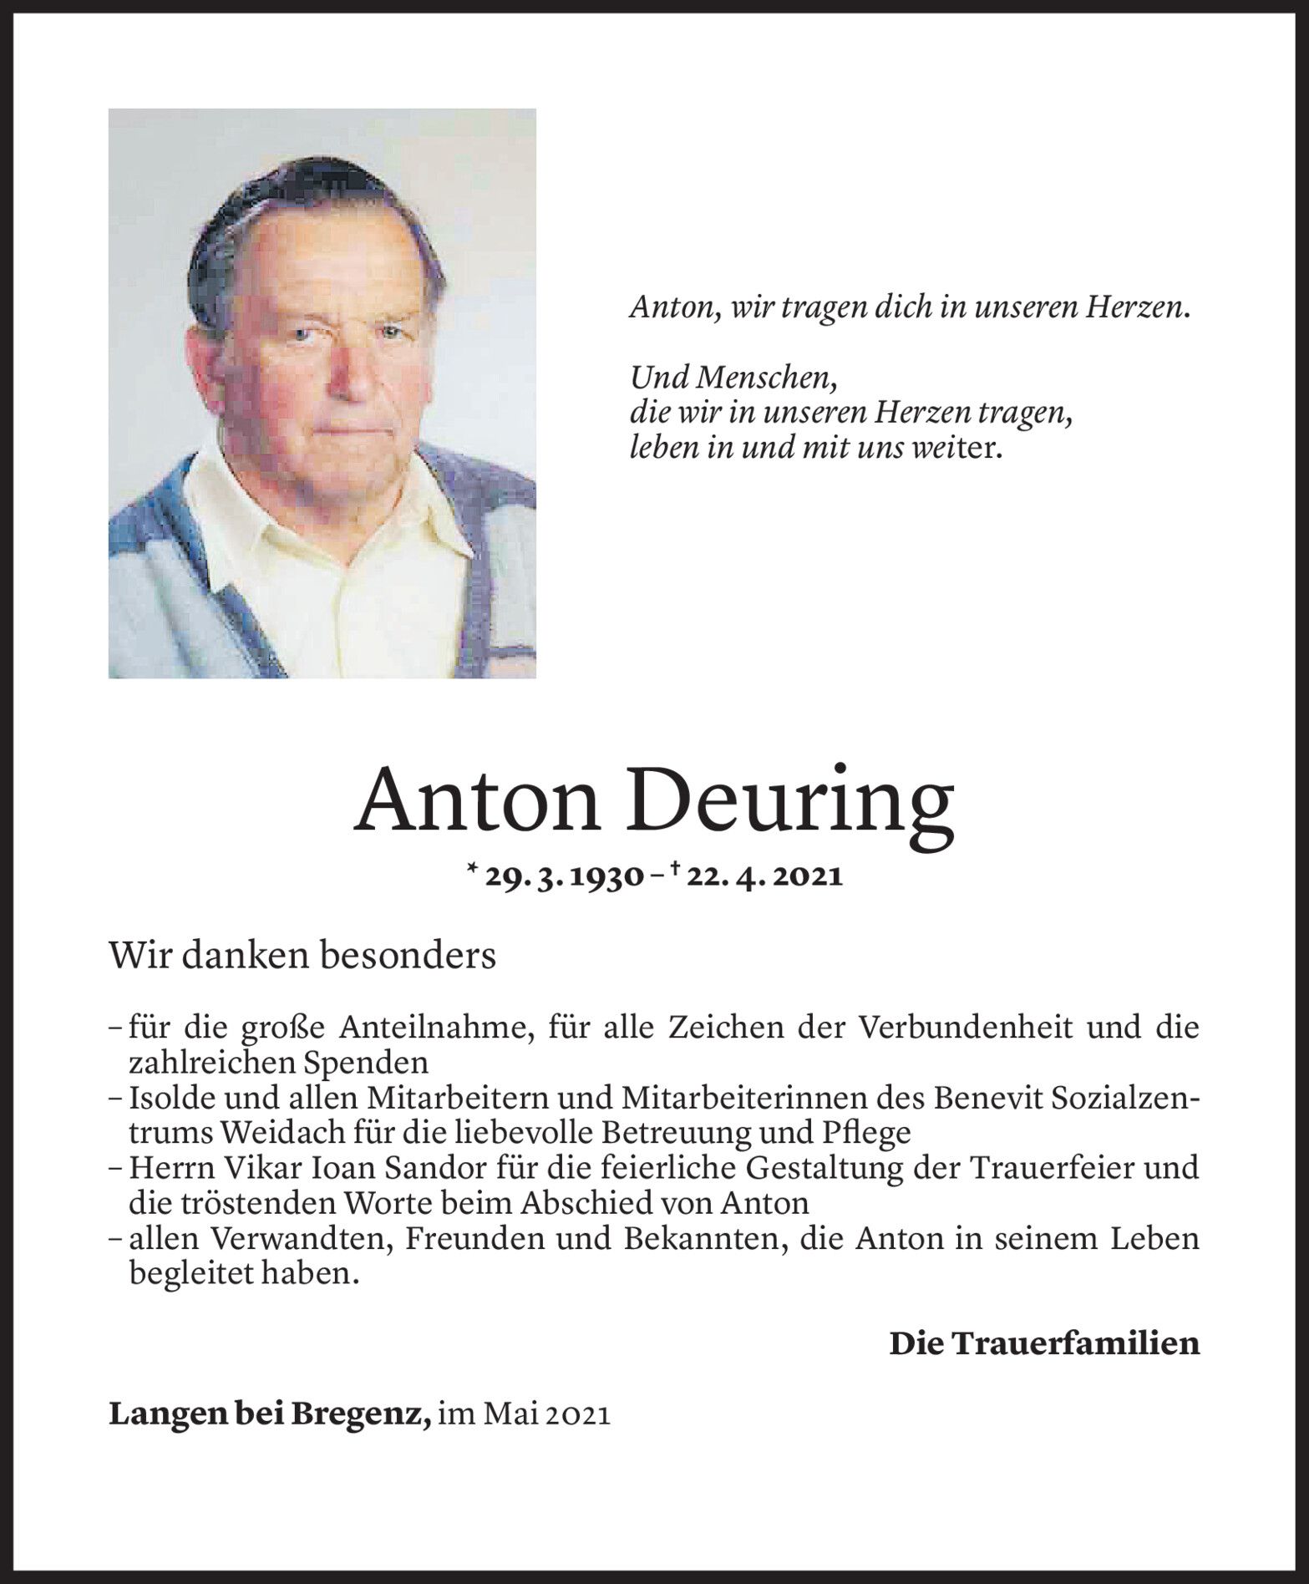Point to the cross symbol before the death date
672,870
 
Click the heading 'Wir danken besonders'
302,956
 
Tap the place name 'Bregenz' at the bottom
377,1415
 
